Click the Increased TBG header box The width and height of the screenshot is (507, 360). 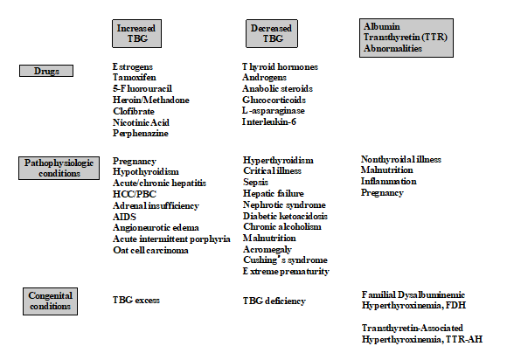tap(136, 33)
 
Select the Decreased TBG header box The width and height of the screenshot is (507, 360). tap(272, 33)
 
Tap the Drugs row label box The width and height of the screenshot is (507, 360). tap(46, 71)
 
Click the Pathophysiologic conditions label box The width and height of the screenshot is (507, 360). tap(59, 168)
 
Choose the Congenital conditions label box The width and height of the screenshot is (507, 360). tap(50, 301)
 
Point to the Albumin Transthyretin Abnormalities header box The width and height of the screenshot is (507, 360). tap(406, 38)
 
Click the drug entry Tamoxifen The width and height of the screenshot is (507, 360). tap(135, 78)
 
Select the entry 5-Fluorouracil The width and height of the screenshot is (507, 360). tap(142, 88)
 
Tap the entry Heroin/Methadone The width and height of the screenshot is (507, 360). tap(151, 100)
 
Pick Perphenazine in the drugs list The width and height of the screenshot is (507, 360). tap(141, 133)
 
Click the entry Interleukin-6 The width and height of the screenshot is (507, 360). tap(269, 121)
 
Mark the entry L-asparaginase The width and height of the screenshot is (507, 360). tap(274, 110)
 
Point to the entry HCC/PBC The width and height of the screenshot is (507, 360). tap(135, 194)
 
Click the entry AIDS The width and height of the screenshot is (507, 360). tap(124, 217)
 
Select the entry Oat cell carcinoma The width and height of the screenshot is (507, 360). tap(150, 250)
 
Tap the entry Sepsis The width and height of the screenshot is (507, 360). tap(255, 183)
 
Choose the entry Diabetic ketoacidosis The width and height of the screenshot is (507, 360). tap(285, 216)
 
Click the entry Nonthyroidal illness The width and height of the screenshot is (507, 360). tap(401, 159)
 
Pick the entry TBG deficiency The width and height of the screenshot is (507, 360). tap(274, 301)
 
